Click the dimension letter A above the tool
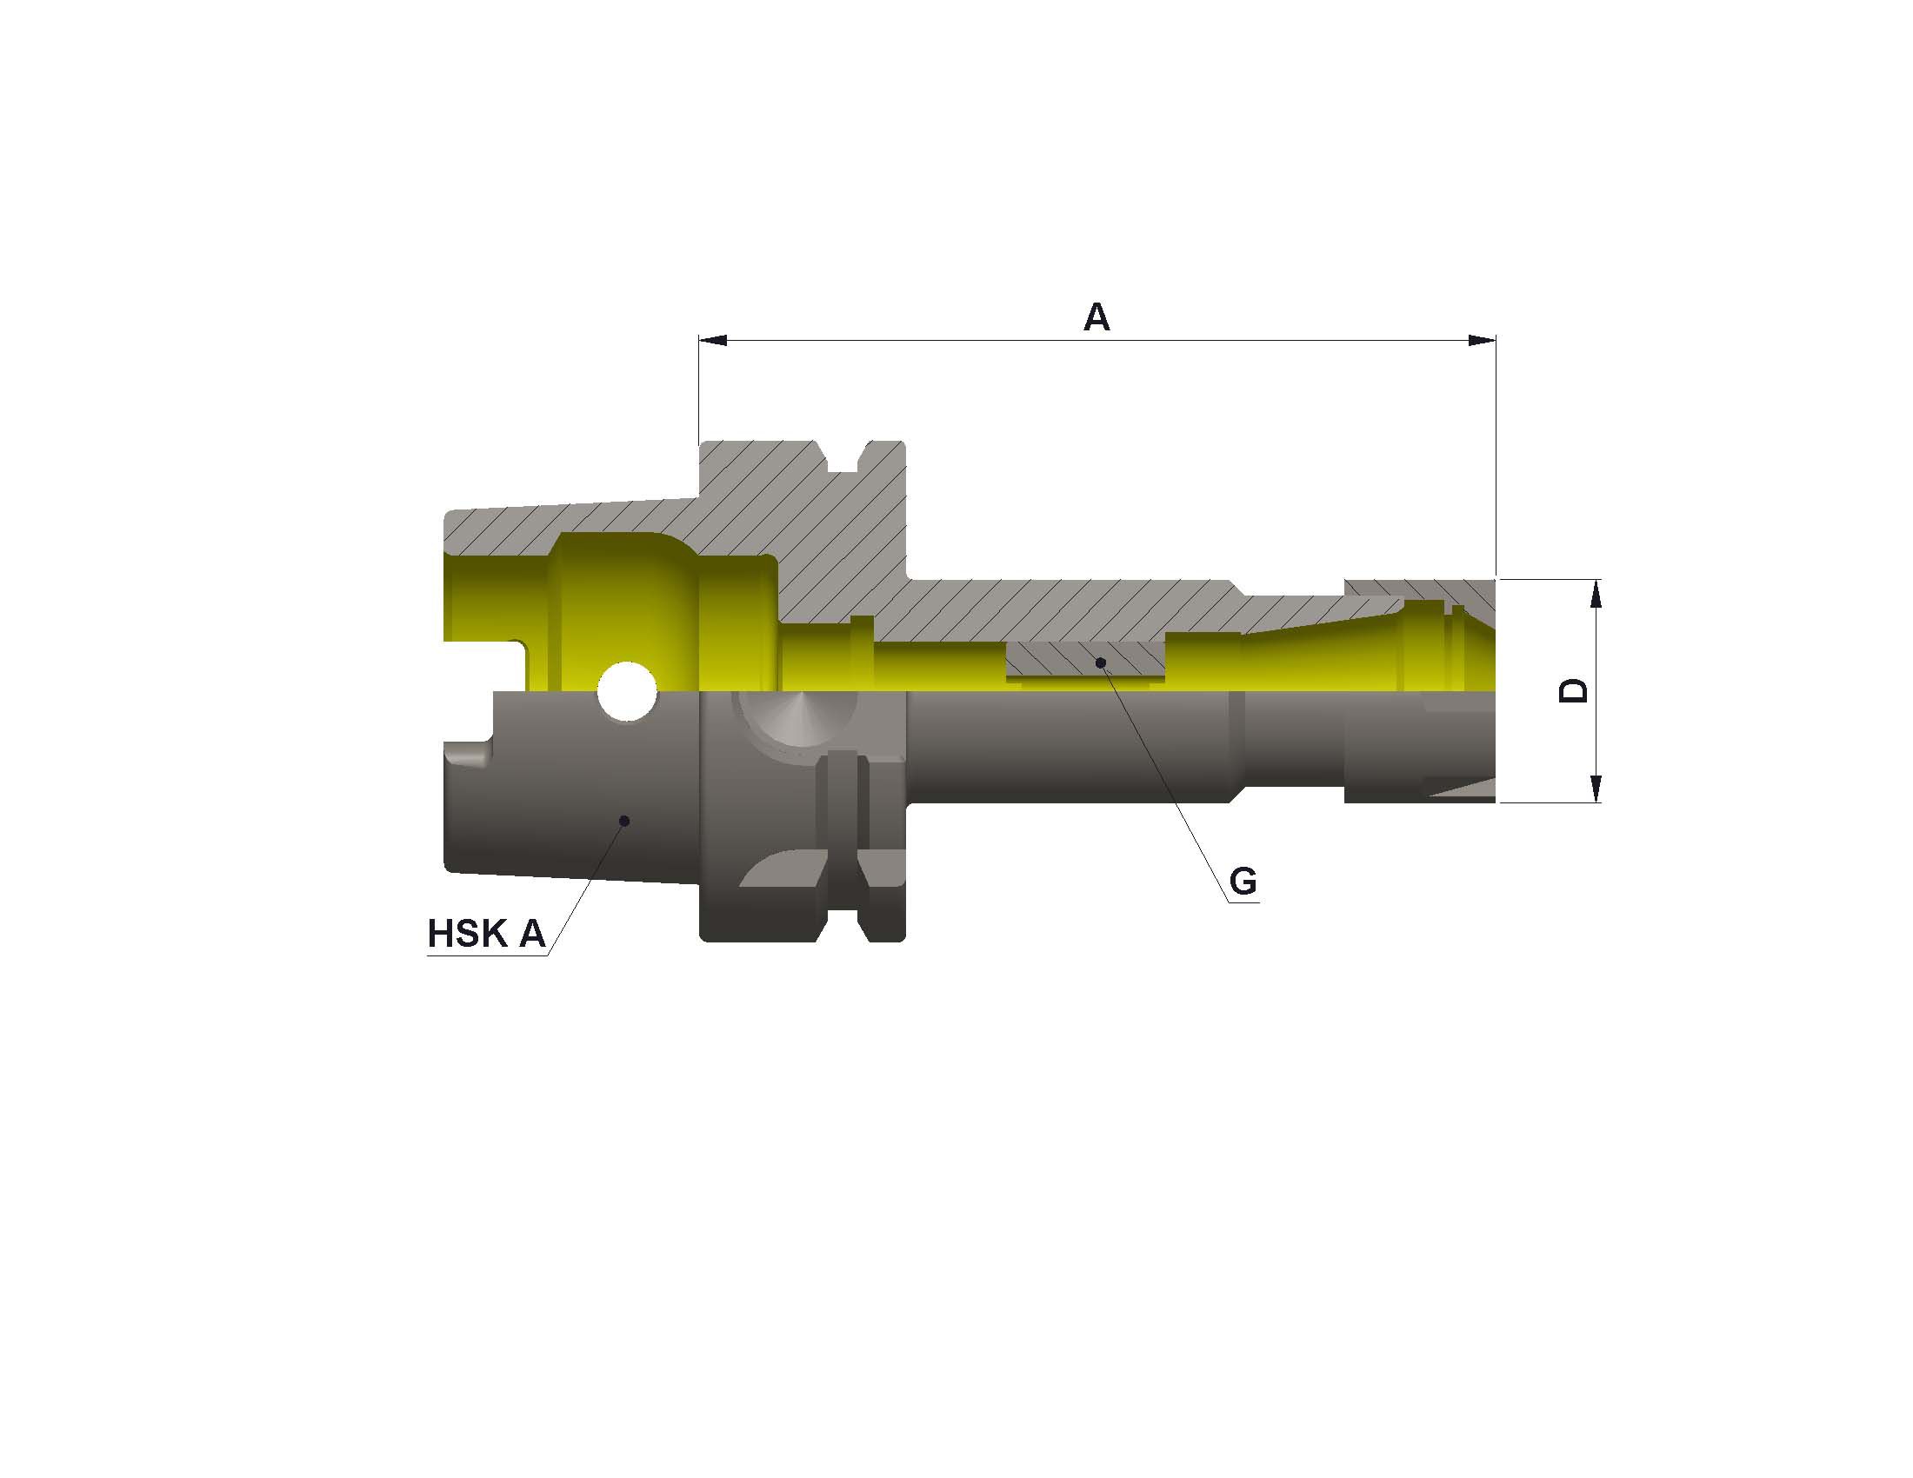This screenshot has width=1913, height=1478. (1096, 317)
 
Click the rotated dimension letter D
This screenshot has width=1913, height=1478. (1573, 690)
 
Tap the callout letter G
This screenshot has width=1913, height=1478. (1243, 881)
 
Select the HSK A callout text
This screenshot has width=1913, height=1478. (486, 934)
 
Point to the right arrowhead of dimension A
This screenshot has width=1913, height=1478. (1481, 340)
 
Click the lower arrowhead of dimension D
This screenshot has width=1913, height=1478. (1595, 788)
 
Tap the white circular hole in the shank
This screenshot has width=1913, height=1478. (626, 691)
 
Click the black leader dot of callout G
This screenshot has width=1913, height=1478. (1101, 662)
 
